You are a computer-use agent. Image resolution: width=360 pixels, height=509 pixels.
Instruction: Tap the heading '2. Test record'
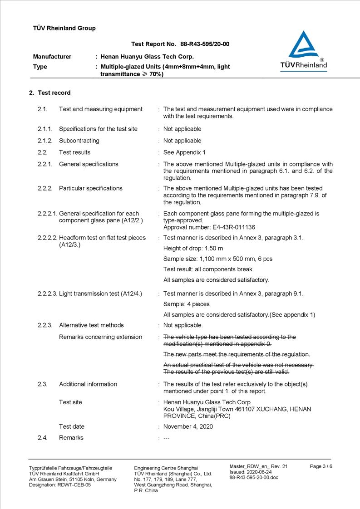(x=50, y=93)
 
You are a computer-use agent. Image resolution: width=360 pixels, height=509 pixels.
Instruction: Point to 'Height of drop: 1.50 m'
(x=193, y=249)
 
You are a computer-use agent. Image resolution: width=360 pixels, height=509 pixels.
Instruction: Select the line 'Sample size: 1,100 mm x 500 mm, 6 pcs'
(x=217, y=259)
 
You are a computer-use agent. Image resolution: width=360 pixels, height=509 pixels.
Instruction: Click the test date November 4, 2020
(x=188, y=426)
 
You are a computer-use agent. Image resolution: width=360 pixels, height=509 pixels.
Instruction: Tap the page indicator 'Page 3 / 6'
(x=321, y=466)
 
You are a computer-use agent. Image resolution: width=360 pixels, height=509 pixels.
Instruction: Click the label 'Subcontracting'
(x=79, y=141)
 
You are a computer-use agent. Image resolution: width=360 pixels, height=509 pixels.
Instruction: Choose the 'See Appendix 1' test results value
(x=184, y=152)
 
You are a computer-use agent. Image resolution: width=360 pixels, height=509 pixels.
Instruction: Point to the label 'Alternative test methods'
(x=91, y=325)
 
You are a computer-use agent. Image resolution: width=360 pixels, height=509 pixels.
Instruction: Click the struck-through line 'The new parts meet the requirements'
(x=237, y=354)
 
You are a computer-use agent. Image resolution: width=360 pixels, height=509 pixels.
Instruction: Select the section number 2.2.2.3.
(x=47, y=294)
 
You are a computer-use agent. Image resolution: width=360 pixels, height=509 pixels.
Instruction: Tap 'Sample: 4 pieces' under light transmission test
(x=186, y=304)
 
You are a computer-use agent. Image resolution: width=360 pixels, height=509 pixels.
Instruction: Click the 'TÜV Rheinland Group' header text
(x=64, y=28)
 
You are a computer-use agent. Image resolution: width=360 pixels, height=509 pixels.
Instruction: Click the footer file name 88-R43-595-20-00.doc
(x=254, y=477)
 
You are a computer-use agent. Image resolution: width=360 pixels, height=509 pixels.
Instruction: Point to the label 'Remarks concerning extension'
(x=100, y=337)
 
